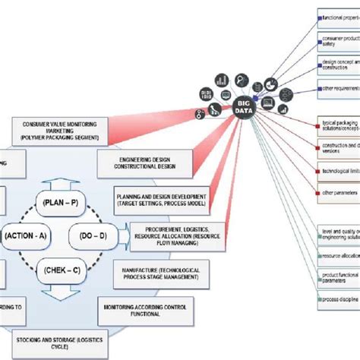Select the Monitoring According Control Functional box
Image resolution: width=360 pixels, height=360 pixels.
[147, 308]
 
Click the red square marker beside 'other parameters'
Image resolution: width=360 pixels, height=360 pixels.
[319, 193]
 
